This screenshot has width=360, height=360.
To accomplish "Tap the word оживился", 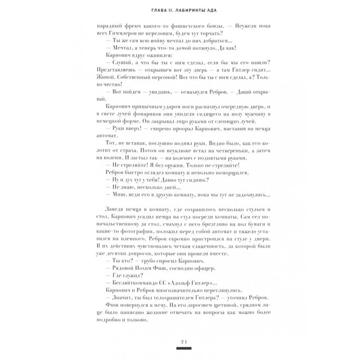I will pyautogui.click(x=145, y=55).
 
